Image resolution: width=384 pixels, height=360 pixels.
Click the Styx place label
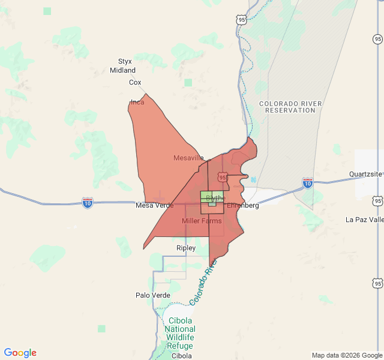[125, 61]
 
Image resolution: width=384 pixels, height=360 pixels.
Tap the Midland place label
[122, 70]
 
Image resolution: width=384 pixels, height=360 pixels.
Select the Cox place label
[135, 82]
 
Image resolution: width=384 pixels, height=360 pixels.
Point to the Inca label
[137, 102]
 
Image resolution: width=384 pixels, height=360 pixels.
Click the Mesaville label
[188, 158]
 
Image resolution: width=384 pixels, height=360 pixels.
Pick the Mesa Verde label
[154, 205]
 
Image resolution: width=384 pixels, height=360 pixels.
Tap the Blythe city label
[215, 198]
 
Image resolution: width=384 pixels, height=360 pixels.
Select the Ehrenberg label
[242, 205]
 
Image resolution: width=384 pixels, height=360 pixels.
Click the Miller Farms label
[201, 221]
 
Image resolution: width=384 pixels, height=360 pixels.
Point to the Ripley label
[186, 248]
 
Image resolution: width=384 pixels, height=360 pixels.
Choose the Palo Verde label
[153, 295]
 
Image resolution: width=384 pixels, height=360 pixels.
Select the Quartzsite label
[365, 174]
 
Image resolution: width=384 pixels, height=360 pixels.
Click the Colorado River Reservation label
[290, 107]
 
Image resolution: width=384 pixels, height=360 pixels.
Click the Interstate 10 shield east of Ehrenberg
[308, 183]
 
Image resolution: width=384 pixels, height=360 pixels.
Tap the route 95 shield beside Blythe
[223, 177]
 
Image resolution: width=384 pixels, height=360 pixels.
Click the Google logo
[20, 353]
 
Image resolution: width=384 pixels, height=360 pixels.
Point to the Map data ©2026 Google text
[346, 355]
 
